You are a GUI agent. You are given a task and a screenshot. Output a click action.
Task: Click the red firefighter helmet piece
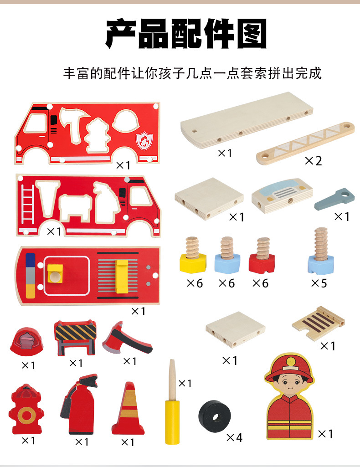[27, 341]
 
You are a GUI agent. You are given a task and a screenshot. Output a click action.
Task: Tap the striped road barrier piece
[75, 338]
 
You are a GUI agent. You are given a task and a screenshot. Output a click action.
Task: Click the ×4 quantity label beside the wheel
[234, 438]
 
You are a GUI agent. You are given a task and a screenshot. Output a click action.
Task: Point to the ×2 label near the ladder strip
[313, 161]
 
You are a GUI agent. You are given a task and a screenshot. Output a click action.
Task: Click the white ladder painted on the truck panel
[27, 207]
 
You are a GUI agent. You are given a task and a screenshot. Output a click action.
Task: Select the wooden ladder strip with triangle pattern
[305, 143]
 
